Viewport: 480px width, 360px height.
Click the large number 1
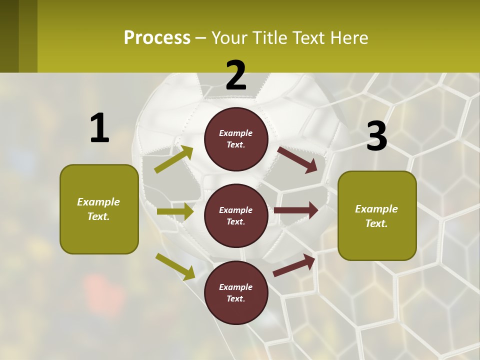[x=99, y=128]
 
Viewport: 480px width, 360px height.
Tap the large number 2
[x=236, y=75]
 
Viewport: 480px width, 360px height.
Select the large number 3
[x=376, y=136]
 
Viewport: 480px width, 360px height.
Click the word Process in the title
[x=157, y=37]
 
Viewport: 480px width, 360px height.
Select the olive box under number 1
[x=99, y=209]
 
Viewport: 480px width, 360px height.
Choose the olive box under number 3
[x=377, y=216]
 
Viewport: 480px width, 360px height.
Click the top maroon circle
[x=236, y=139]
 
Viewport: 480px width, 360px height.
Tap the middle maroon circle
[x=236, y=216]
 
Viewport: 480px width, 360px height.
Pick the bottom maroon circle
[x=236, y=293]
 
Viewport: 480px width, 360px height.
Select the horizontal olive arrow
[x=175, y=211]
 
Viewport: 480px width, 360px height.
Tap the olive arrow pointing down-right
[x=175, y=266]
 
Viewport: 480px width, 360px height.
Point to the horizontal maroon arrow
[x=296, y=210]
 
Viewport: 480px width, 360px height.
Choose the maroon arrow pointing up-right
[x=294, y=265]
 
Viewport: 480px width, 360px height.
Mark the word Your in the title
[x=228, y=37]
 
